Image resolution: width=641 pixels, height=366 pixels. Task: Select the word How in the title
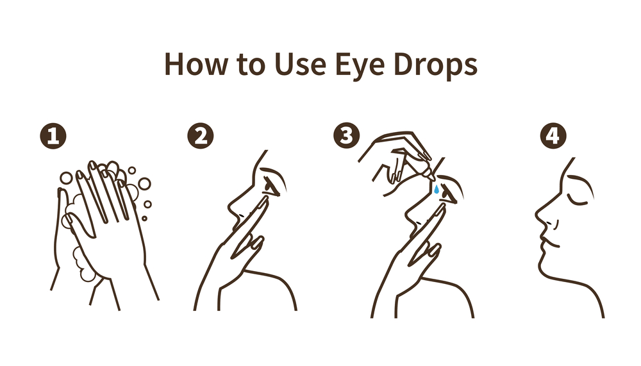[x=192, y=65]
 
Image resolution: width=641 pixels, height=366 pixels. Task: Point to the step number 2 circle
[x=199, y=137]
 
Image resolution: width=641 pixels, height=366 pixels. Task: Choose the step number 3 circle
[x=347, y=137]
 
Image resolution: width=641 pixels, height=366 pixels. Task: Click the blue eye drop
[x=436, y=190]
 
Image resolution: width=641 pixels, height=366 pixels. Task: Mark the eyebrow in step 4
[x=580, y=181]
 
